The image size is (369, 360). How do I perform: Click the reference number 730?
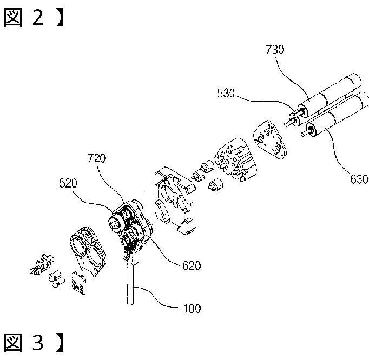[x=275, y=49]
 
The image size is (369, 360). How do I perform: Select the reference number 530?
[x=226, y=93]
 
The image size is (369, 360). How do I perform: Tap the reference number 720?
[x=97, y=158]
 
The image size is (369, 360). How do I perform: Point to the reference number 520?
[x=68, y=183]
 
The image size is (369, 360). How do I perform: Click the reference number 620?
[x=192, y=265]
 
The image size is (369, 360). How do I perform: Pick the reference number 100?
[x=192, y=308]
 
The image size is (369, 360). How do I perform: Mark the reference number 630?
[x=359, y=179]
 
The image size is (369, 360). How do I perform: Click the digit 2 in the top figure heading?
[x=38, y=17]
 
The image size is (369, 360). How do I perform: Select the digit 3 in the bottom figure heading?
[x=38, y=343]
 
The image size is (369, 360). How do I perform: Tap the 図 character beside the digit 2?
[x=13, y=17]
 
